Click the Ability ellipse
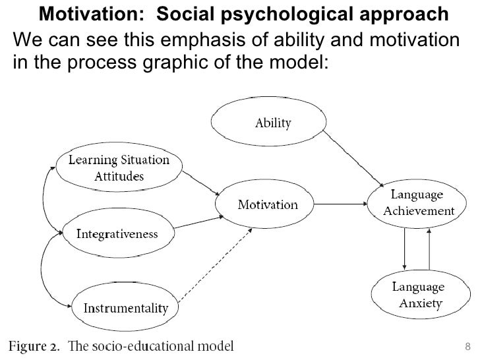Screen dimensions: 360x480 point(273,123)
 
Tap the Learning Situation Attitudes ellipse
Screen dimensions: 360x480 point(119,168)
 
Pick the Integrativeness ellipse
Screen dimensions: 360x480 point(117,233)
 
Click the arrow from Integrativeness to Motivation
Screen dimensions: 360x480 point(196,220)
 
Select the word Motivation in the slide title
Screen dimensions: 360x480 point(85,14)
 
